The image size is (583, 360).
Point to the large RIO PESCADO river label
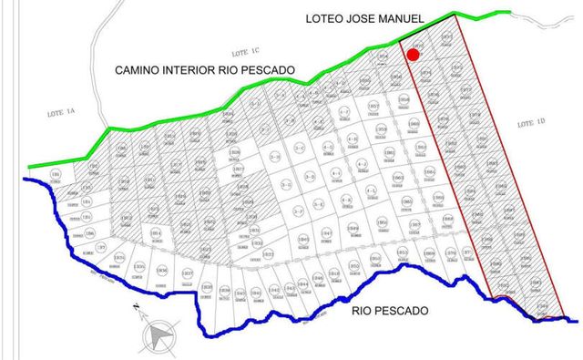pyautogui.click(x=389, y=310)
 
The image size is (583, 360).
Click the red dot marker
pyautogui.click(x=413, y=55)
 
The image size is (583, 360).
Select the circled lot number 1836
pyautogui.click(x=162, y=270)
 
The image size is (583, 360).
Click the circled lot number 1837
pyautogui.click(x=188, y=273)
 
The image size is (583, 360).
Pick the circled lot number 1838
pyautogui.click(x=208, y=288)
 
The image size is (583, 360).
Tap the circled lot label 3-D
pyautogui.click(x=310, y=176)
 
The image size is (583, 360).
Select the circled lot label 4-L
pyautogui.click(x=371, y=190)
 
